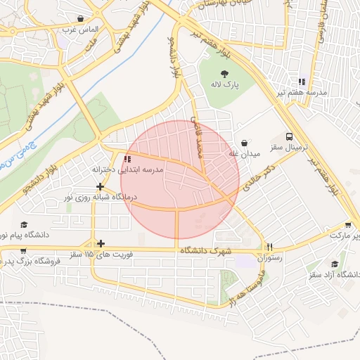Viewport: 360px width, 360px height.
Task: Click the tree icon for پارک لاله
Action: (x=224, y=72)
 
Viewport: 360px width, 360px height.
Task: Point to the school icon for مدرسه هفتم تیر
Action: (x=302, y=82)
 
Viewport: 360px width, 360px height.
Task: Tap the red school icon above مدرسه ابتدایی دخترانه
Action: (x=127, y=160)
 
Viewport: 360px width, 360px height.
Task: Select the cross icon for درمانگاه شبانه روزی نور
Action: (x=101, y=186)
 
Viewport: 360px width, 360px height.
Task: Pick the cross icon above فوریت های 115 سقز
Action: (x=101, y=243)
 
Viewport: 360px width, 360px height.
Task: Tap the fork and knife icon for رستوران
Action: (x=269, y=247)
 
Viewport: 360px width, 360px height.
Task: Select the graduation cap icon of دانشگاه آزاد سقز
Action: (x=335, y=262)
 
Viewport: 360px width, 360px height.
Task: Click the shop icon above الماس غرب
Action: (x=82, y=19)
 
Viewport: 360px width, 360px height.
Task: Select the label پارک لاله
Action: (x=226, y=84)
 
